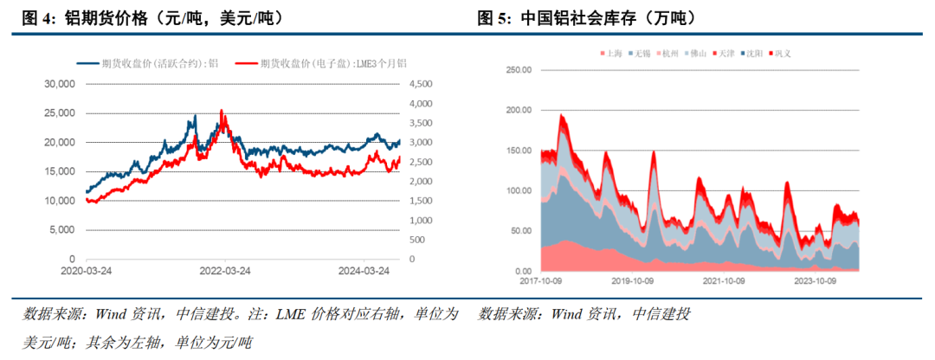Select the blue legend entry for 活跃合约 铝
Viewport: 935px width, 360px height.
pos(147,63)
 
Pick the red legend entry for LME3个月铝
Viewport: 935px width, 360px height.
pos(320,63)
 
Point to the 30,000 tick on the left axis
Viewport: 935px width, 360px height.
pos(60,84)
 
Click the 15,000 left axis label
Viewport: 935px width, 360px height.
pos(60,171)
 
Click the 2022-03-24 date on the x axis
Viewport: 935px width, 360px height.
pos(225,270)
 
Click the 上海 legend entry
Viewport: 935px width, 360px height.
pos(611,54)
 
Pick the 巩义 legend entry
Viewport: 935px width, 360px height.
pos(779,54)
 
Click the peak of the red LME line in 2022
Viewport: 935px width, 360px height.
pos(222,111)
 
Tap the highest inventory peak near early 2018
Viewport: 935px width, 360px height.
pos(561,115)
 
